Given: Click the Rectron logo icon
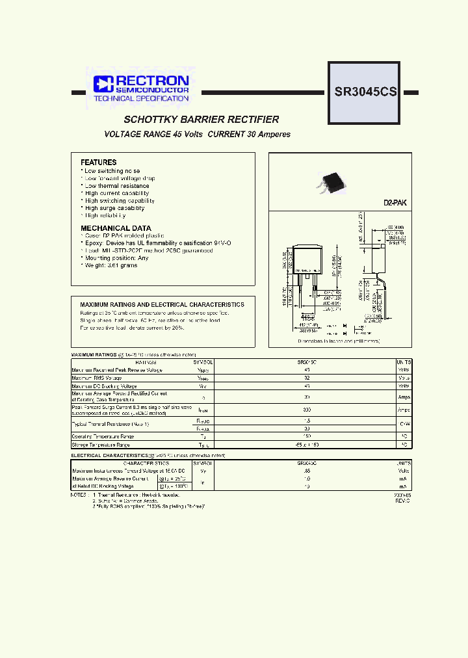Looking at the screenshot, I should point(103,83).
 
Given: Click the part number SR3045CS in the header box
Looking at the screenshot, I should point(365,92).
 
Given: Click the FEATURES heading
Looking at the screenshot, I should point(99,163).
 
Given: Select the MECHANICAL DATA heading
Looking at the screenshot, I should point(116,228).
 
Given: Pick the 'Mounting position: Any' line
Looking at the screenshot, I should point(116,258).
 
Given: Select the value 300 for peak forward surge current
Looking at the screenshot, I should point(306,410).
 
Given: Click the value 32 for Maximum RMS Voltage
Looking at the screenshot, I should point(306,378).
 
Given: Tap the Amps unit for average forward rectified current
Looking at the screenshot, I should point(404,396).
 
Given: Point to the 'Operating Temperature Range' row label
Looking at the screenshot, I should point(103,437).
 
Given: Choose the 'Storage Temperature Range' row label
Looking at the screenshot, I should point(101,445).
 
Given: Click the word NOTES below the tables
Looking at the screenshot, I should point(79,495).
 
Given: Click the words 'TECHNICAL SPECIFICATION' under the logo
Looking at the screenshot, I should point(141,99).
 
